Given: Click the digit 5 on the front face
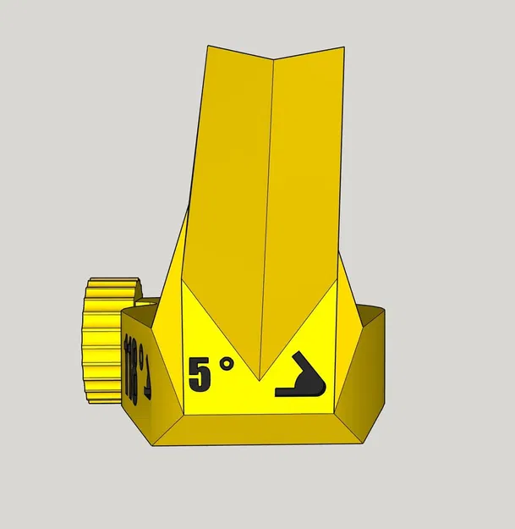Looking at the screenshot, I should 200,374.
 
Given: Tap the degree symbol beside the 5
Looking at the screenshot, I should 226,364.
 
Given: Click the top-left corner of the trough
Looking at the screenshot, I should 207,47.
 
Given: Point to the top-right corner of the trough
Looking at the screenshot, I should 344,47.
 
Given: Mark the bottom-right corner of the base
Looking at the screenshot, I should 366,443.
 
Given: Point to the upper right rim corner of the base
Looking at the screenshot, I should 386,308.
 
